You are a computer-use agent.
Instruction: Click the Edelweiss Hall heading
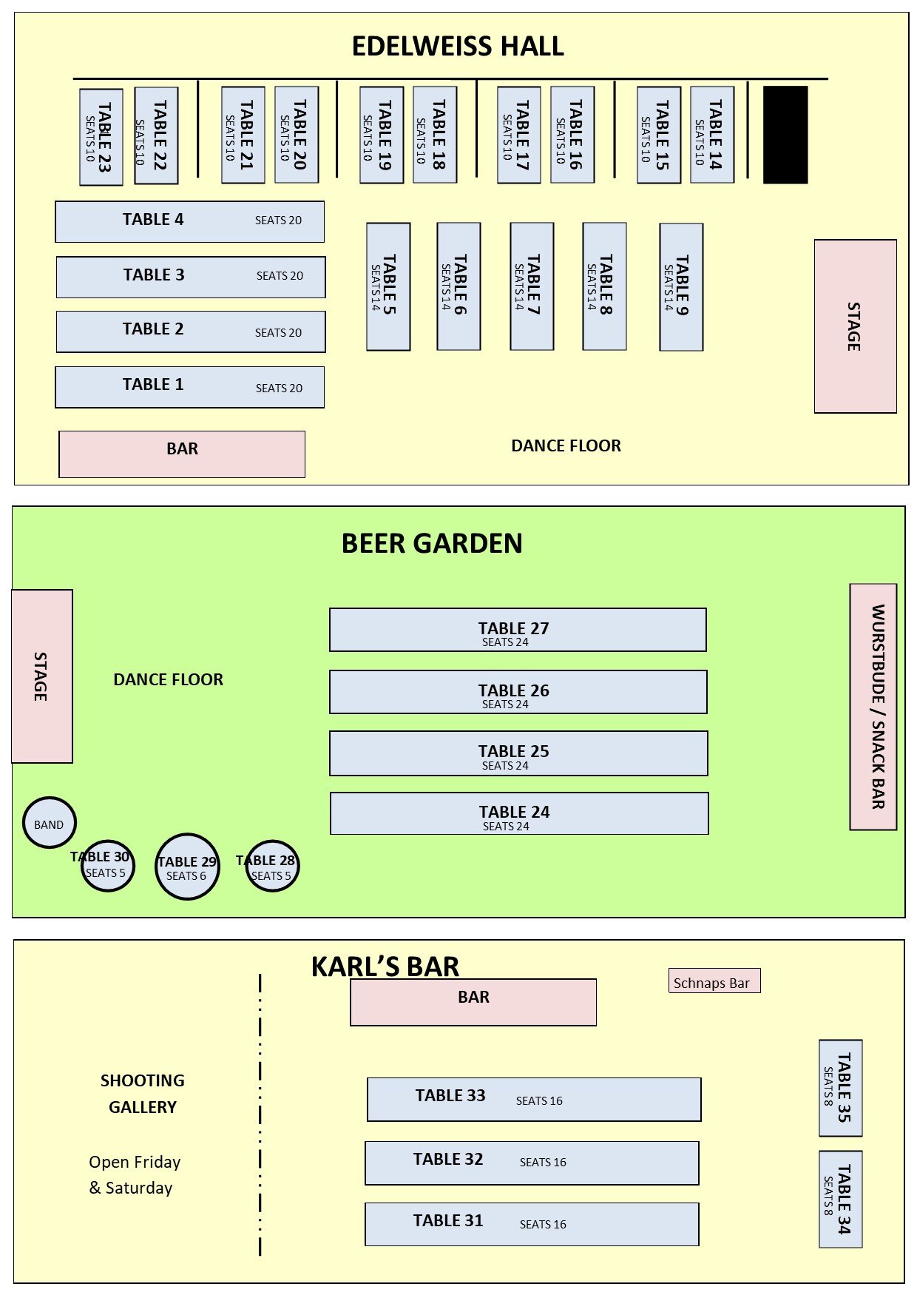458,47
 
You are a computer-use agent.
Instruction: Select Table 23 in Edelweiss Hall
101,137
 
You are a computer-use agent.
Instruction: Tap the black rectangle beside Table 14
785,135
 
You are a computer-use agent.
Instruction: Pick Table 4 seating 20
190,221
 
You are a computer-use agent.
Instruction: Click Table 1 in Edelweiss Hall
190,387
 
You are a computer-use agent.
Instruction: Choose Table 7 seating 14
532,286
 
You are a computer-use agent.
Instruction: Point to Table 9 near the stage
681,287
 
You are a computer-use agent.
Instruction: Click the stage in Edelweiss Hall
856,326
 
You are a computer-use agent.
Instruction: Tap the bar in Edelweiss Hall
182,454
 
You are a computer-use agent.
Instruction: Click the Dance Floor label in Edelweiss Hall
566,445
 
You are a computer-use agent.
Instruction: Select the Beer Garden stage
42,676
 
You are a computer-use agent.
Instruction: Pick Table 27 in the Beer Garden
518,630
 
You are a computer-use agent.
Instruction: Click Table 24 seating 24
519,813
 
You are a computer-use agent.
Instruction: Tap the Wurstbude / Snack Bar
873,707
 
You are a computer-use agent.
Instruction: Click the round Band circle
50,822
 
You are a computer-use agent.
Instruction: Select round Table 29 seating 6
187,867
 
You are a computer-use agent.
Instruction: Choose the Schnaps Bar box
714,981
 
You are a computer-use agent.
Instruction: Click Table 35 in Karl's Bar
841,1088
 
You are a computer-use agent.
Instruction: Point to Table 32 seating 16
532,1163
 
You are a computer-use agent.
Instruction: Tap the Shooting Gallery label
143,1094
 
